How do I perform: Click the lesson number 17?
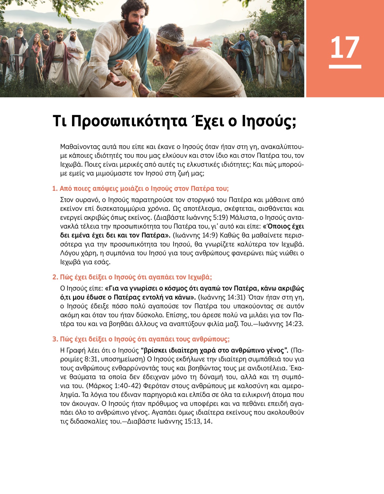pyautogui.click(x=345, y=47)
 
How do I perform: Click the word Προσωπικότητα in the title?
pyautogui.click(x=129, y=121)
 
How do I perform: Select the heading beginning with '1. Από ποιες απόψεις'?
pyautogui.click(x=140, y=189)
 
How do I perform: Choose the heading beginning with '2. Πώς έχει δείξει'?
pyautogui.click(x=132, y=277)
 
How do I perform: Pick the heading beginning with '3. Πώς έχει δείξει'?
pyautogui.click(x=141, y=339)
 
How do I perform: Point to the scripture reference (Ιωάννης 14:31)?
pyautogui.click(x=221, y=297)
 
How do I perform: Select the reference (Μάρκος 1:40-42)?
pyautogui.click(x=114, y=386)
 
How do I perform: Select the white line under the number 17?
pyautogui.click(x=345, y=67)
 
